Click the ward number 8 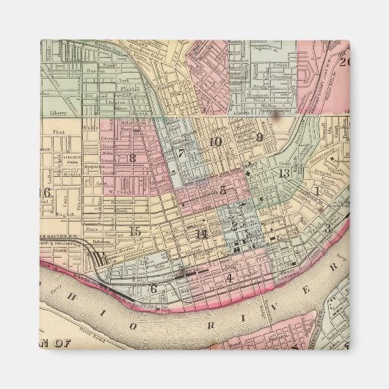coord(133,158)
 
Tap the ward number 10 coord(214,142)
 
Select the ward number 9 coord(259,137)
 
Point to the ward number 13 coord(284,173)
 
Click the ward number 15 coord(134,232)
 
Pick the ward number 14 coord(203,233)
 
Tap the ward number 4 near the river coord(229,278)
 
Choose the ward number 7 coord(181,154)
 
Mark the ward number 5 coord(223,190)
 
